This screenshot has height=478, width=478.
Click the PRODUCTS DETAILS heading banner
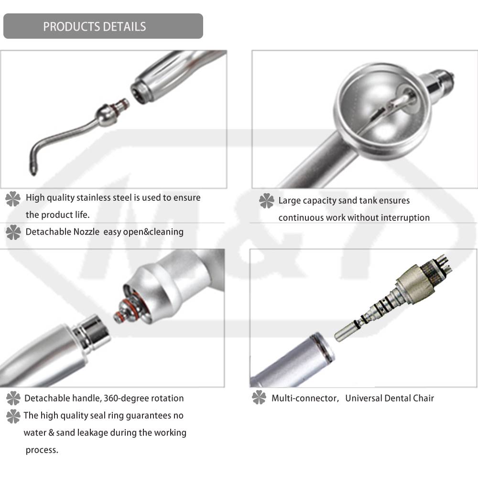pyautogui.click(x=103, y=26)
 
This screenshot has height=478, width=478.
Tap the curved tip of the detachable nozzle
pyautogui.click(x=33, y=169)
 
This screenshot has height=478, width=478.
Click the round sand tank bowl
pyautogui.click(x=382, y=111)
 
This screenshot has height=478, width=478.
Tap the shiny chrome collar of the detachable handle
pyautogui.click(x=91, y=333)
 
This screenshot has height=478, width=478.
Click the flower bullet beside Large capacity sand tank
pyautogui.click(x=266, y=201)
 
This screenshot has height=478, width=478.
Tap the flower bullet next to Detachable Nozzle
pyautogui.click(x=13, y=232)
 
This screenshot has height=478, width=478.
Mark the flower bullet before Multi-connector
pyautogui.click(x=259, y=398)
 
